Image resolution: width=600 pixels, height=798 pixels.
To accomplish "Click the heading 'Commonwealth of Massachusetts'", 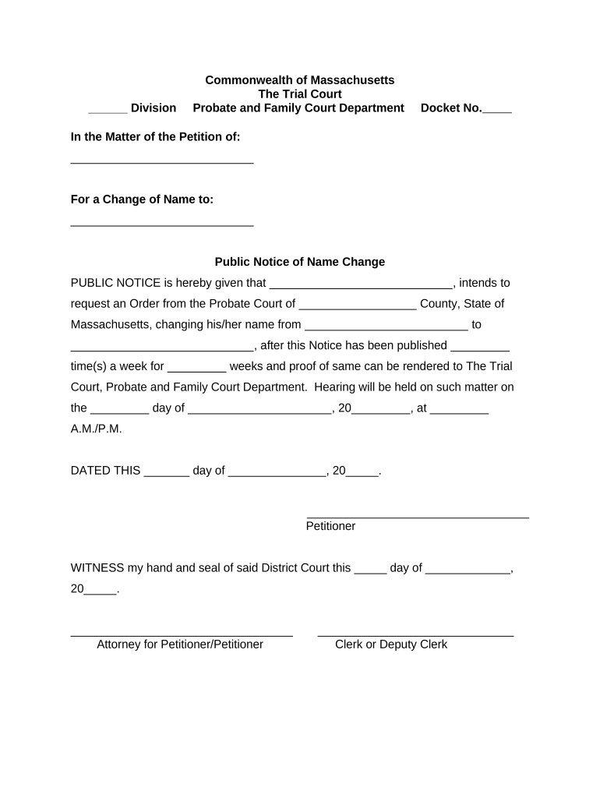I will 299,80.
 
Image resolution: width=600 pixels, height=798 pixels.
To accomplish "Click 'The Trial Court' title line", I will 299,94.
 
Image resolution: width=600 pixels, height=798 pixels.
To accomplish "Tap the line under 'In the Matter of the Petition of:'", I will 162,161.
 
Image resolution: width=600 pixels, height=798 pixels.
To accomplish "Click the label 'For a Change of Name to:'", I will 142,199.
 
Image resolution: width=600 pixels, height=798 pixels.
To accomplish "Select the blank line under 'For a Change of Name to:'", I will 162,224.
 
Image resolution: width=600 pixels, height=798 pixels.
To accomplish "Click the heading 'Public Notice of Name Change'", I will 299,262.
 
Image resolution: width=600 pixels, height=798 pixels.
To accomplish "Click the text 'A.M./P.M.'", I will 97,429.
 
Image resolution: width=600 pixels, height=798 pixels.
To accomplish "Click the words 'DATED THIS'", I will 105,471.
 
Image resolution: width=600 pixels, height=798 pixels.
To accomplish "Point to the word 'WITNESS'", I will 97,568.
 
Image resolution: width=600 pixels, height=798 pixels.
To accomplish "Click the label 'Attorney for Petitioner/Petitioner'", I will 180,644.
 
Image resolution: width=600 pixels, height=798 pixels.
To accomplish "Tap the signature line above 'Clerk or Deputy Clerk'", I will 415,636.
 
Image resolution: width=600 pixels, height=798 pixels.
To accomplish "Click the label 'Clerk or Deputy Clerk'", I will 391,644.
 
